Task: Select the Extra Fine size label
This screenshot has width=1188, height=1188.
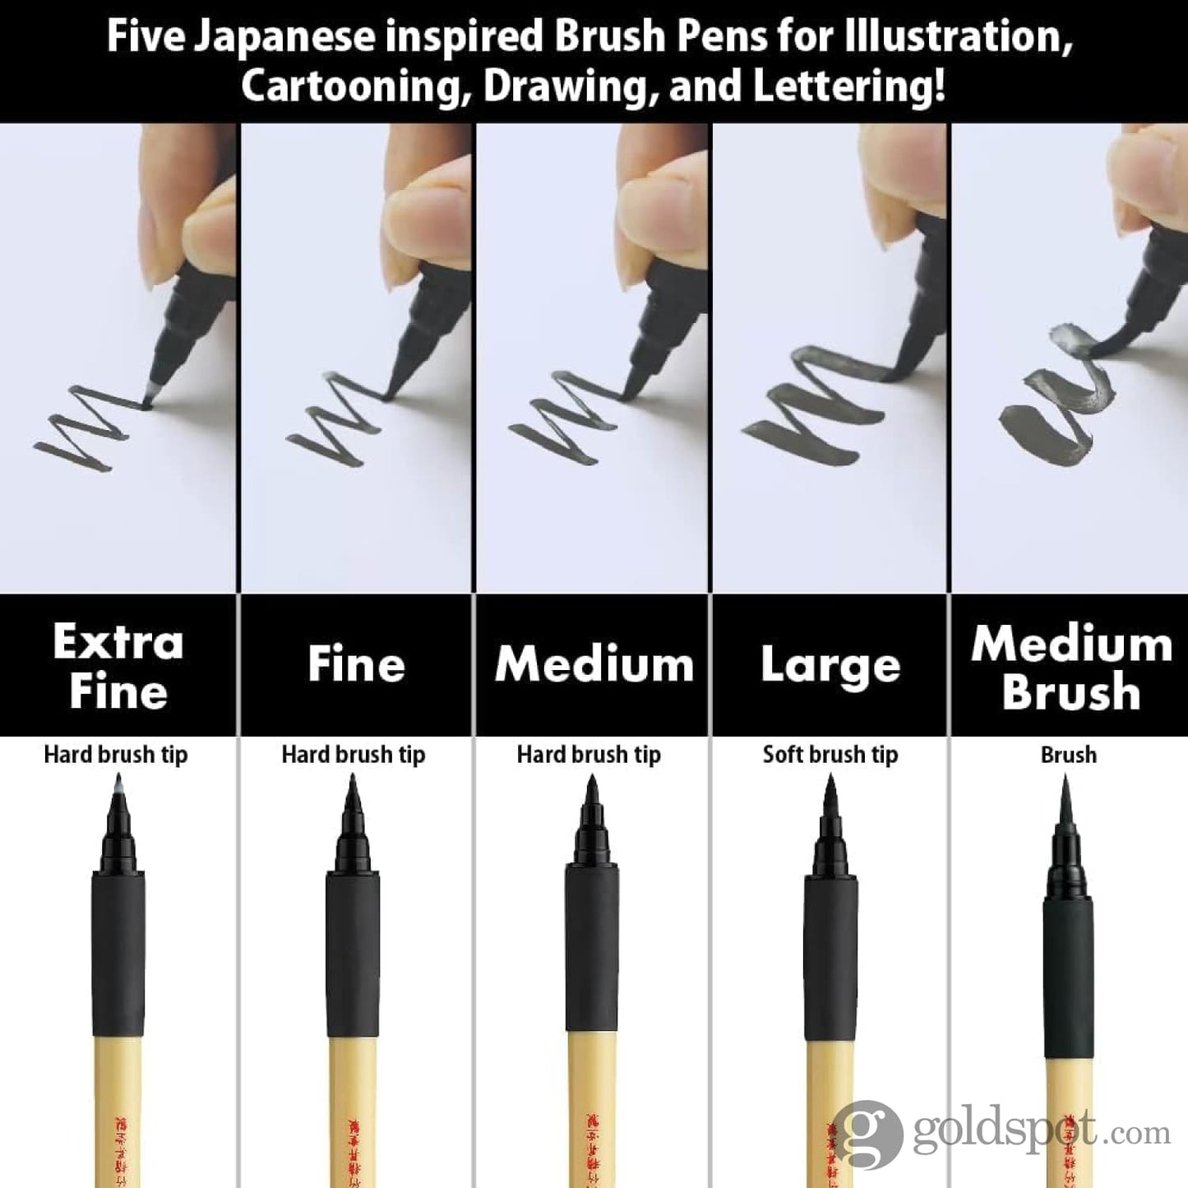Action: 118,666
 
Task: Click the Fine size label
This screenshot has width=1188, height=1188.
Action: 356,664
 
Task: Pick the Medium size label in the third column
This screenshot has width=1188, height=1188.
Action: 594,664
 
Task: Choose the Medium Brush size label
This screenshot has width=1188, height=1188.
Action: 1071,668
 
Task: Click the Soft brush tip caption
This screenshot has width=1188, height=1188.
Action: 830,755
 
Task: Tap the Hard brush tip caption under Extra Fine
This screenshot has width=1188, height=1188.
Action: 116,755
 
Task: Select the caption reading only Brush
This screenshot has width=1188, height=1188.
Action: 1068,755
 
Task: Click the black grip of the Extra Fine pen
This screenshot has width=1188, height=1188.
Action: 118,954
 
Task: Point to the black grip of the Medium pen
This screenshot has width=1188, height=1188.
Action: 591,945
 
